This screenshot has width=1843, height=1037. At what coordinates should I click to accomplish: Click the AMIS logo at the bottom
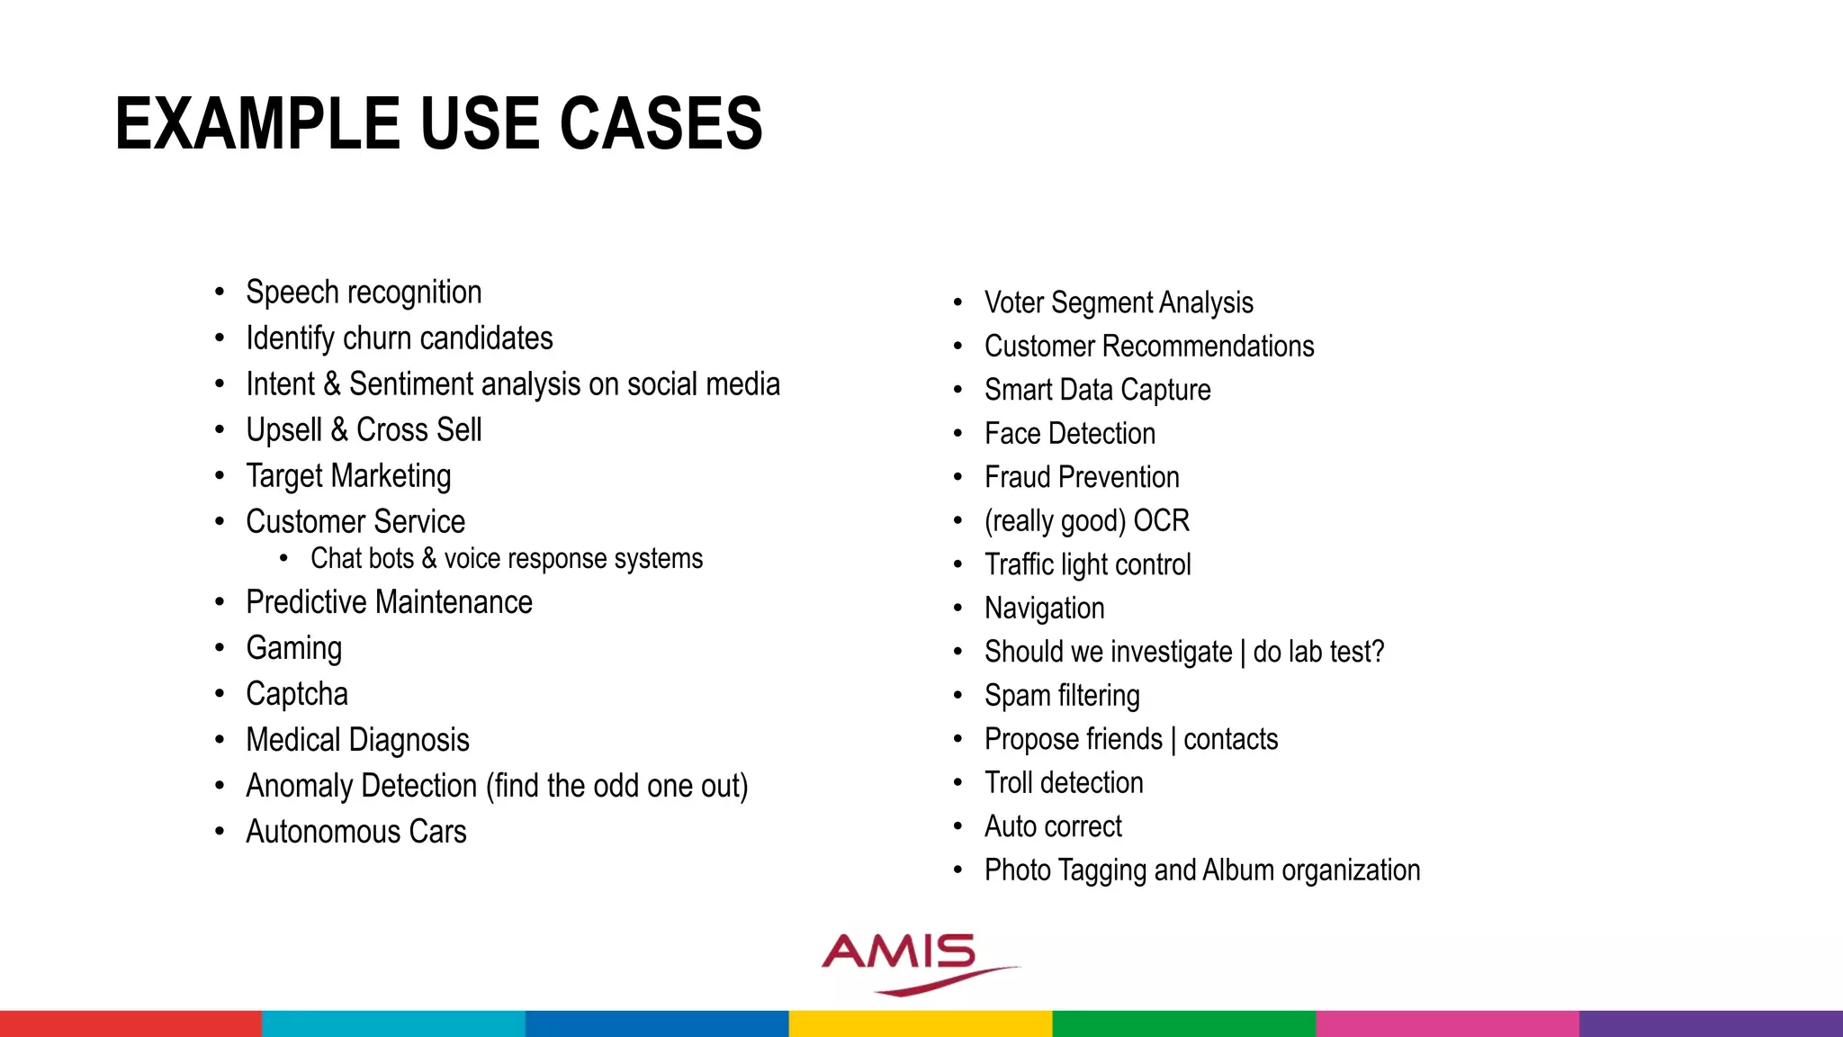[909, 961]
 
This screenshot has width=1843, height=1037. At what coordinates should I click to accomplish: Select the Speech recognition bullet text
[364, 293]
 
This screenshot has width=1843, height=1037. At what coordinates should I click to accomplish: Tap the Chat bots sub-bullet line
[506, 559]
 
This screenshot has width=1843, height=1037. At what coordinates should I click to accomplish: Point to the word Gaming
[293, 648]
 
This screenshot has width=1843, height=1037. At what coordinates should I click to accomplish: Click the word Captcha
[296, 694]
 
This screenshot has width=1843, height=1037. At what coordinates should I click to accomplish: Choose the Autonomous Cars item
[355, 832]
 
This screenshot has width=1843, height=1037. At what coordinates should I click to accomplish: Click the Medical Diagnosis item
[357, 740]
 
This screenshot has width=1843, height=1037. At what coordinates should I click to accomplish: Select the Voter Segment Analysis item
[1118, 302]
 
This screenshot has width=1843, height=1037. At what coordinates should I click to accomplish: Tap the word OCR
[1161, 521]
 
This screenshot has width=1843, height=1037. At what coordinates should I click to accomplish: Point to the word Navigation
[1044, 609]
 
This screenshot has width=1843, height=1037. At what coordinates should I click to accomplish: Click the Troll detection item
[1064, 783]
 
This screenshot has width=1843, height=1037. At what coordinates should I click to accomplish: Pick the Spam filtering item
[1062, 696]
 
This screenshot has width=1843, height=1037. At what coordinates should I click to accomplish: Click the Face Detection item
[1069, 434]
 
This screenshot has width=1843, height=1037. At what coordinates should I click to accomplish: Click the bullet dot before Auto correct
[958, 826]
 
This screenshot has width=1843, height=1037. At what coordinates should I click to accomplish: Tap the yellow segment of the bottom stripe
[920, 1023]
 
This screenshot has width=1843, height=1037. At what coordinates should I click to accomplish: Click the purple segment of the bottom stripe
[1710, 1023]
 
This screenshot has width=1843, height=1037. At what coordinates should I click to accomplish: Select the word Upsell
[283, 430]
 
